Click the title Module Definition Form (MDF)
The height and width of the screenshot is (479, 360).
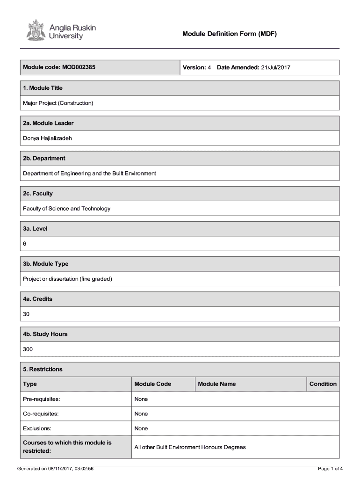click(230, 34)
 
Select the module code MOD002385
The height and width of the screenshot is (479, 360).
click(78, 67)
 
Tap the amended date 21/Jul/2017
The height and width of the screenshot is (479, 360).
click(276, 67)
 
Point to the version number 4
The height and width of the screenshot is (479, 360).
click(209, 67)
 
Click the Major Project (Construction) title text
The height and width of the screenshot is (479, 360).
click(58, 102)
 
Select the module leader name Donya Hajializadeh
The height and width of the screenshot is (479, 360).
click(48, 138)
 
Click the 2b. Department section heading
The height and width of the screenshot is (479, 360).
click(44, 158)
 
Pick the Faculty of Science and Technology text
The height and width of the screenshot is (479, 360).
click(67, 208)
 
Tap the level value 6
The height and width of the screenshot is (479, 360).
click(25, 244)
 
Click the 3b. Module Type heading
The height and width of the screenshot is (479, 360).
click(46, 264)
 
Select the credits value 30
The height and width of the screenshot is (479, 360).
click(26, 314)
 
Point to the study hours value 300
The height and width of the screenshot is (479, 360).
click(28, 349)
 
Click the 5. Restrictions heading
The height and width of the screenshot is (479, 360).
click(43, 369)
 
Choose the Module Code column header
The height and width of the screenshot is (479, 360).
click(152, 384)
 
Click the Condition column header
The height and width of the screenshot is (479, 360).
click(323, 384)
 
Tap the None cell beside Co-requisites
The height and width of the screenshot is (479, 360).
click(141, 414)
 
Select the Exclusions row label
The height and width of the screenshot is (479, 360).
click(37, 428)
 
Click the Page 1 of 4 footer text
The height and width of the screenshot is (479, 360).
click(330, 468)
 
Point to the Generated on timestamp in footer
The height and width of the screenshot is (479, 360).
click(55, 468)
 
